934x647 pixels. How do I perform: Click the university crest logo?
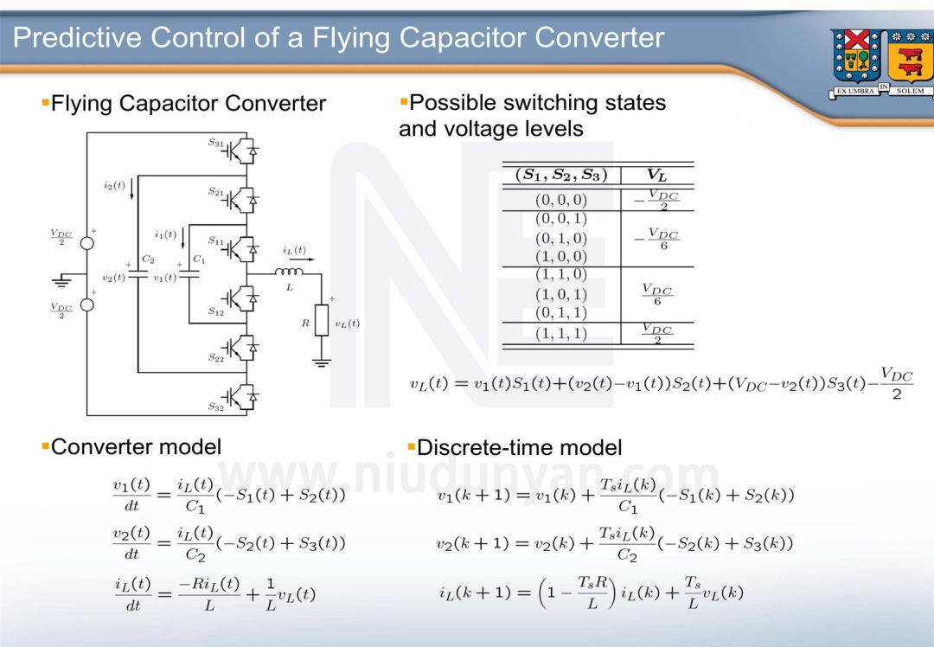(880, 63)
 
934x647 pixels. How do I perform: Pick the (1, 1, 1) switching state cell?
(560, 333)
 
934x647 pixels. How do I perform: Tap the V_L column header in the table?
(656, 175)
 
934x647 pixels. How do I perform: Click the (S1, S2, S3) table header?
(560, 175)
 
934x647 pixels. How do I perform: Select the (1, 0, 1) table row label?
(560, 294)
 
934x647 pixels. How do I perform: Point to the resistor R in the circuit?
(322, 319)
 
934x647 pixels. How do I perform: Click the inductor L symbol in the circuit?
(288, 272)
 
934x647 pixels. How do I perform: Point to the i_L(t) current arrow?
(295, 258)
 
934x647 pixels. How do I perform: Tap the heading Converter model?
(136, 446)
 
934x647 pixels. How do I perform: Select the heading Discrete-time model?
(519, 447)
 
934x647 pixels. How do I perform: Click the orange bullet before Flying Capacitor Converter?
(45, 103)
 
